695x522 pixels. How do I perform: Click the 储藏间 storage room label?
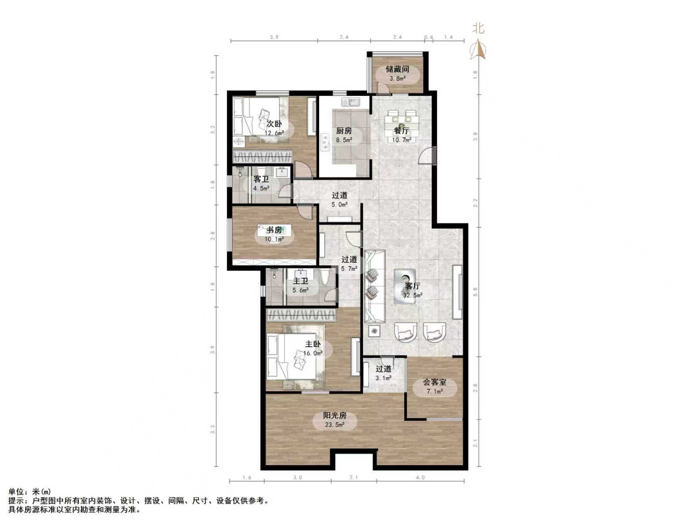pyautogui.click(x=397, y=69)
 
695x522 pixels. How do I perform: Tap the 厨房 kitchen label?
pyautogui.click(x=344, y=131)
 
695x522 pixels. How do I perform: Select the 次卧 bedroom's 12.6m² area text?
pyautogui.click(x=274, y=133)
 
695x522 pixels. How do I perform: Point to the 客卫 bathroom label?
pyautogui.click(x=261, y=179)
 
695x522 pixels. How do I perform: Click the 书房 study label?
pyautogui.click(x=274, y=230)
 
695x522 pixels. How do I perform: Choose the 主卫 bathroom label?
pyautogui.click(x=300, y=281)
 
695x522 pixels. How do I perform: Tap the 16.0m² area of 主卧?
pyautogui.click(x=314, y=353)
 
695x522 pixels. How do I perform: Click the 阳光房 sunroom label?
pyautogui.click(x=335, y=416)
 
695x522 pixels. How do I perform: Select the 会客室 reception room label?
pyautogui.click(x=434, y=382)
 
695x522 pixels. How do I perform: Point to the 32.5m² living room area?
pyautogui.click(x=412, y=295)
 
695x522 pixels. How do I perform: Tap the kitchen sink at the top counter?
pyautogui.click(x=350, y=102)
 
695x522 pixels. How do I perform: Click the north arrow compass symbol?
pyautogui.click(x=478, y=49)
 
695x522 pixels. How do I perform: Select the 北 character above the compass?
pyautogui.click(x=478, y=29)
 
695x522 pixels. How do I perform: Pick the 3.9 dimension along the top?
pyautogui.click(x=274, y=37)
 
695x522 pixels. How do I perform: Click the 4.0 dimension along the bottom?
pyautogui.click(x=420, y=478)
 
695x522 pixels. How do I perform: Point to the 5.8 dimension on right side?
pyautogui.click(x=476, y=291)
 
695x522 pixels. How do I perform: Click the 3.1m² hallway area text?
pyautogui.click(x=383, y=378)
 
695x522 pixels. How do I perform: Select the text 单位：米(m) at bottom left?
pyautogui.click(x=30, y=492)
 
